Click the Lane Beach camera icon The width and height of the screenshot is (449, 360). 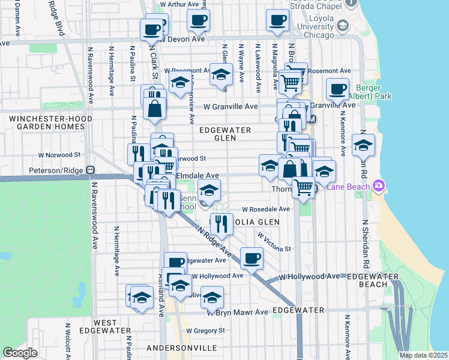coord(379,186)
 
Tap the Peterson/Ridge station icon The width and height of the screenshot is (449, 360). coord(91,170)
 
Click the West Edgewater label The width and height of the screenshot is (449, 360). coord(106,326)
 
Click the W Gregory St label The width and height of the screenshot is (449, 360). coord(205,331)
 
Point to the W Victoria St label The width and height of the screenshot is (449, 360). coord(274,242)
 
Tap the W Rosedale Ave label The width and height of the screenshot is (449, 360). coord(266,209)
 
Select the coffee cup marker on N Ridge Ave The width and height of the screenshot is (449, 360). coord(252,258)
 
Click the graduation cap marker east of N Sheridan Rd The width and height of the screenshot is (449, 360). coord(363,146)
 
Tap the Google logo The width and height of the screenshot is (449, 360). coord(20,353)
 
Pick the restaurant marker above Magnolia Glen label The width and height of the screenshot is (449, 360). coord(221,224)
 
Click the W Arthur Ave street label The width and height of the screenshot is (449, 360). coord(180,4)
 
